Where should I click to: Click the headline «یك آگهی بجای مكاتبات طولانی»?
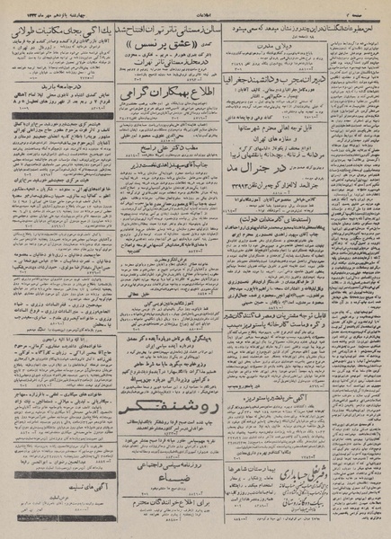coord(53,31)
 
